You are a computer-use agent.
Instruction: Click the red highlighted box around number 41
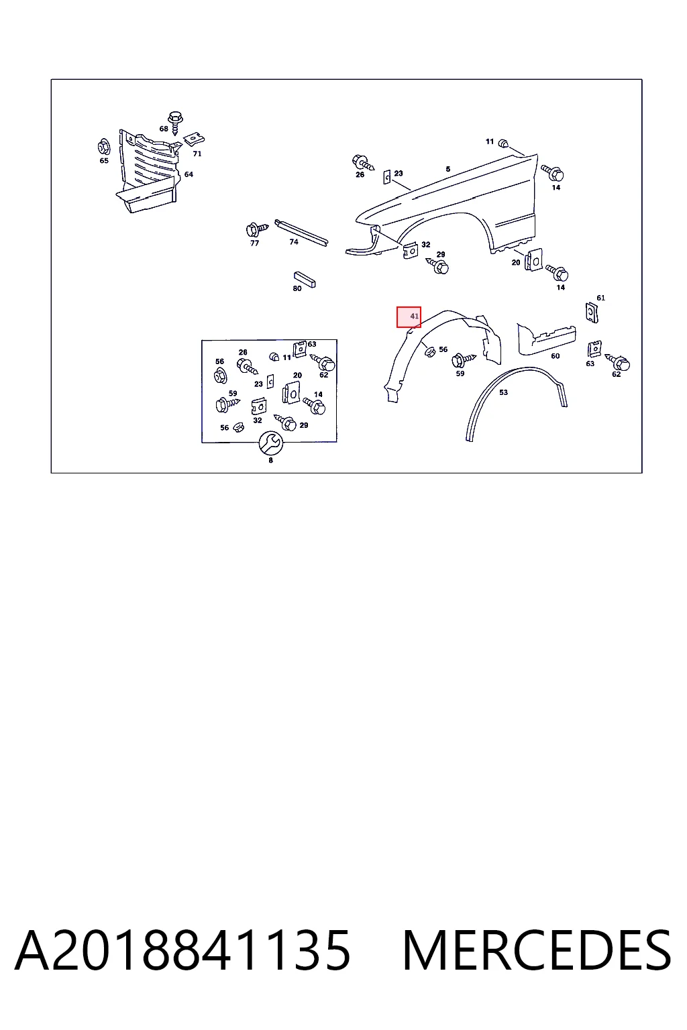(x=409, y=317)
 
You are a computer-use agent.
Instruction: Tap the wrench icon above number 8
(x=270, y=443)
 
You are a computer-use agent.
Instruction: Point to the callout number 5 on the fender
(x=447, y=169)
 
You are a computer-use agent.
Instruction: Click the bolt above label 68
(x=175, y=122)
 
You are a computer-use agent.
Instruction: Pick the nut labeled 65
(x=104, y=147)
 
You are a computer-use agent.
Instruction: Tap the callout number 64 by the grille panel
(x=189, y=174)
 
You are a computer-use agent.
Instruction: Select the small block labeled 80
(x=305, y=279)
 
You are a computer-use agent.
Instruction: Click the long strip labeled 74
(x=301, y=232)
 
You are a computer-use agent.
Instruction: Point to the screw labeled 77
(x=256, y=229)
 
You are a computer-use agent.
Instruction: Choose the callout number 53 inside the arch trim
(x=503, y=392)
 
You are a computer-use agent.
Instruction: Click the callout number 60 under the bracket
(x=556, y=356)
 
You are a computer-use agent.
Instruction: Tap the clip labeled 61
(x=592, y=312)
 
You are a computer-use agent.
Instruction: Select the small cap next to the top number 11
(x=503, y=143)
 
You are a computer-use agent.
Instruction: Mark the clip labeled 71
(x=194, y=139)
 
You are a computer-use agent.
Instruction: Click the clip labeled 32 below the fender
(x=411, y=250)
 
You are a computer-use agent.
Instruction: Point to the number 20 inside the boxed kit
(x=297, y=376)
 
